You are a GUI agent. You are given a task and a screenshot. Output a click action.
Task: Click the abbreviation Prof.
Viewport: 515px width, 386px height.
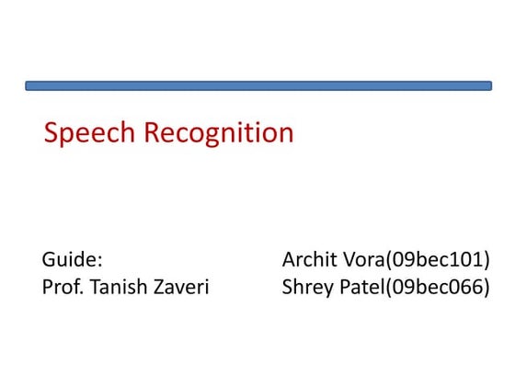(60, 288)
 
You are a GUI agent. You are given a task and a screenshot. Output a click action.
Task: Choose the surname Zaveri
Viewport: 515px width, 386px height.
(180, 287)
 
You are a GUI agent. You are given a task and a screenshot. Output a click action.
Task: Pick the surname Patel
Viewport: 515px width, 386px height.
(360, 287)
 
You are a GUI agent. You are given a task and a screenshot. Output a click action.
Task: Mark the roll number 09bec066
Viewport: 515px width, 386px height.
(438, 288)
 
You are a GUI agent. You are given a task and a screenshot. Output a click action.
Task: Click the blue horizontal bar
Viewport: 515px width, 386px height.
(257, 85)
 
